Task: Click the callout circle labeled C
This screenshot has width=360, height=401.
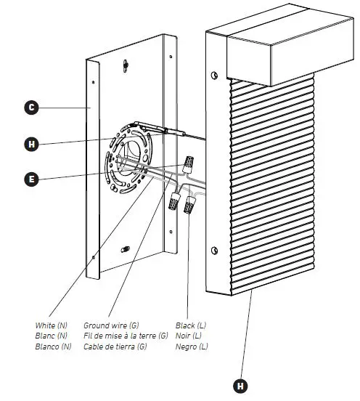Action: (x=30, y=108)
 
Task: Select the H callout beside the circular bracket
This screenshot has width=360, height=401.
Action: (x=30, y=144)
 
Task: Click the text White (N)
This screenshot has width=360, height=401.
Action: (x=51, y=325)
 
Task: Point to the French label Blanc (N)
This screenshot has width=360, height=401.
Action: (x=50, y=336)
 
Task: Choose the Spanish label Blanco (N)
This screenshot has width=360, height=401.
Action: (x=53, y=347)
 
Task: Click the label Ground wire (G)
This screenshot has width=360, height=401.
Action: (x=112, y=325)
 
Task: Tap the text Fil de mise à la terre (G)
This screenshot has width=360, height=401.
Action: (x=126, y=336)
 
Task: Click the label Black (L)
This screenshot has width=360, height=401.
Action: (x=191, y=325)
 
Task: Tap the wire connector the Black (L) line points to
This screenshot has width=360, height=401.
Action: (x=192, y=206)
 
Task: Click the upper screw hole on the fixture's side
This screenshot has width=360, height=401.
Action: (x=215, y=76)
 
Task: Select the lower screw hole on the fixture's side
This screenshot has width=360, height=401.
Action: (x=214, y=251)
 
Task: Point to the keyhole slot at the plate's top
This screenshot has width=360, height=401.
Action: (x=126, y=65)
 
